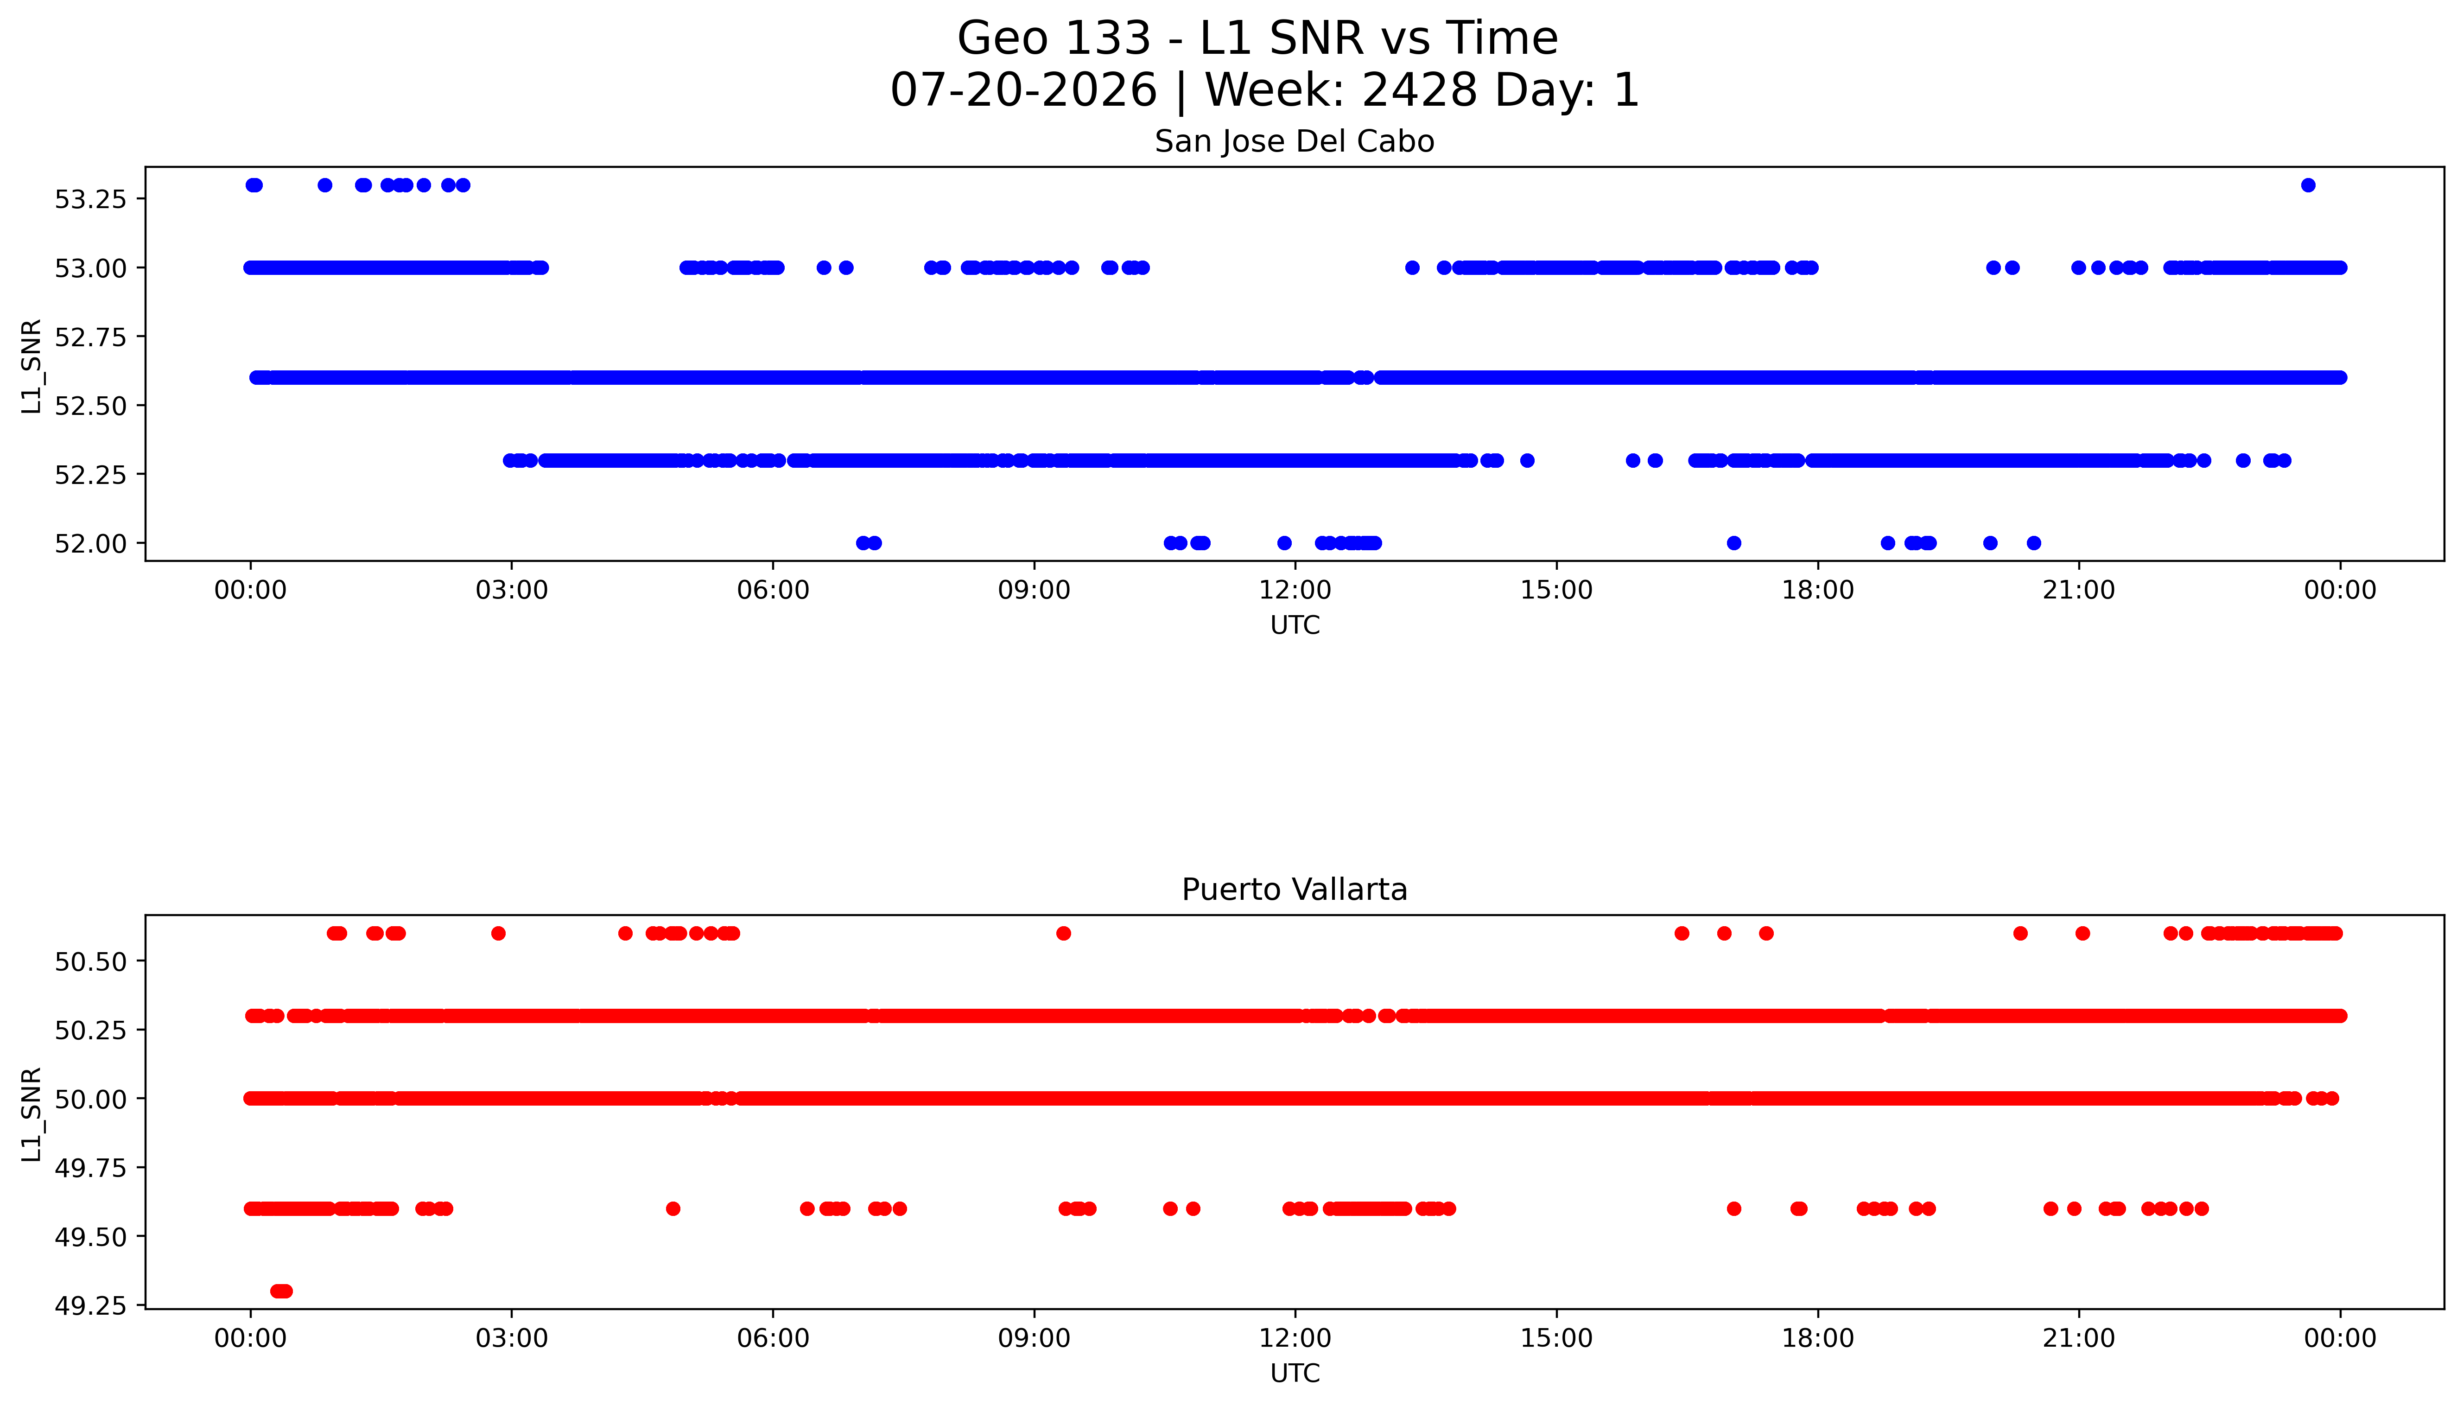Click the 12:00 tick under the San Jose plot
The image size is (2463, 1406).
(1295, 590)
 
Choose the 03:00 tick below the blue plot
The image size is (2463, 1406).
(512, 590)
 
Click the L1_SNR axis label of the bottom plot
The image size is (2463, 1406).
(32, 1114)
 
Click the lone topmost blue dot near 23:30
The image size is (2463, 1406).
(2308, 185)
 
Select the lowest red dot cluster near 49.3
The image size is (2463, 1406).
(281, 1291)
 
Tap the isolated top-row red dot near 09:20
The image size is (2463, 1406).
(1063, 933)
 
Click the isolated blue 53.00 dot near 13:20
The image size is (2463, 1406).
(1411, 267)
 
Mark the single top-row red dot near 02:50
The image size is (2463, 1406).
(498, 933)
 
